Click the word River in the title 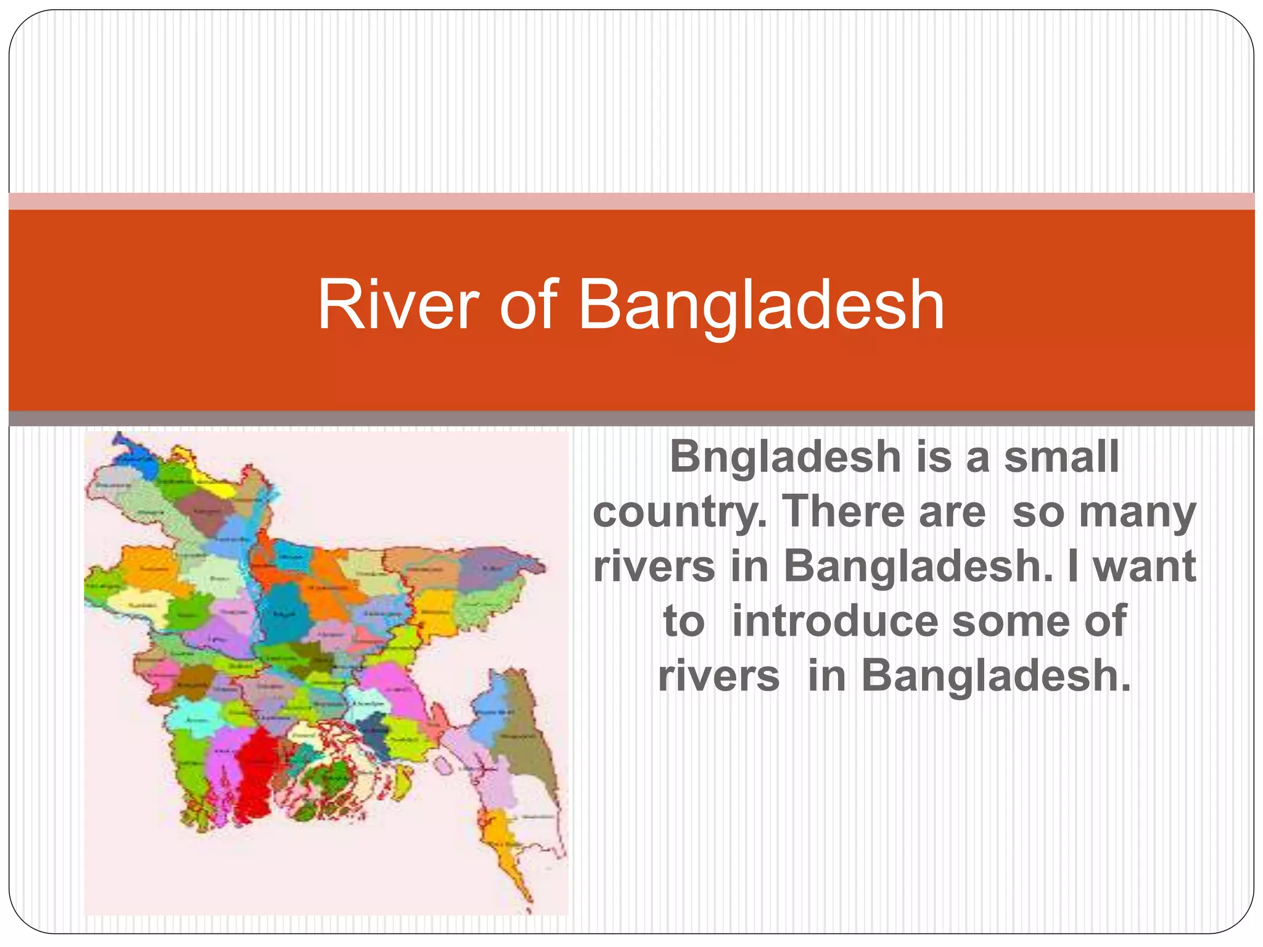click(398, 305)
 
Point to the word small click(1061, 457)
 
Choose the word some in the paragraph click(1009, 621)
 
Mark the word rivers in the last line click(718, 676)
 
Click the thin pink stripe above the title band click(631, 202)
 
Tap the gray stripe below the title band click(631, 419)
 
